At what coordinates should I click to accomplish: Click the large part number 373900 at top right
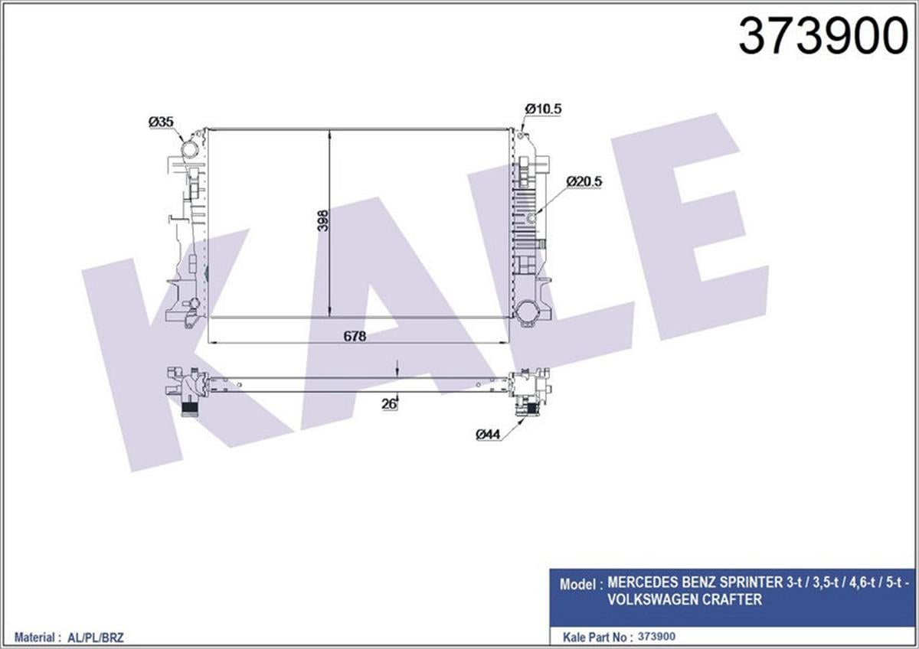pos(822,36)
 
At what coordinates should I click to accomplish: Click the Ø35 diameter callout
pos(161,122)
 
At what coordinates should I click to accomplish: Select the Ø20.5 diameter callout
pos(585,181)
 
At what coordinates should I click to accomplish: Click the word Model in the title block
pos(578,585)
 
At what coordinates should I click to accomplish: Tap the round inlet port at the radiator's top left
pos(189,148)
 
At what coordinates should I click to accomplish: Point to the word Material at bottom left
pos(34,637)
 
